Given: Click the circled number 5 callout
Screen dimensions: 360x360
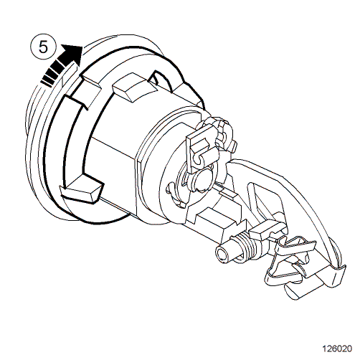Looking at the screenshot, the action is click(x=43, y=47).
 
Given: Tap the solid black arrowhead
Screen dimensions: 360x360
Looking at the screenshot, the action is click(x=72, y=55).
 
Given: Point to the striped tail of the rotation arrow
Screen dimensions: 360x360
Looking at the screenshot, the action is click(x=53, y=74).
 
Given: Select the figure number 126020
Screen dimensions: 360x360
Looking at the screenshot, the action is click(x=337, y=349).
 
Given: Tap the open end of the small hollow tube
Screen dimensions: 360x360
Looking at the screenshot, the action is click(x=223, y=255).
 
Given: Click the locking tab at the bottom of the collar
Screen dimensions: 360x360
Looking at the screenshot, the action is click(x=82, y=189).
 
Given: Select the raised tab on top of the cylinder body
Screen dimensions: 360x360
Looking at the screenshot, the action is click(x=135, y=87).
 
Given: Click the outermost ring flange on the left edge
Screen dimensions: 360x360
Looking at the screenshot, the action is click(x=32, y=134).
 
